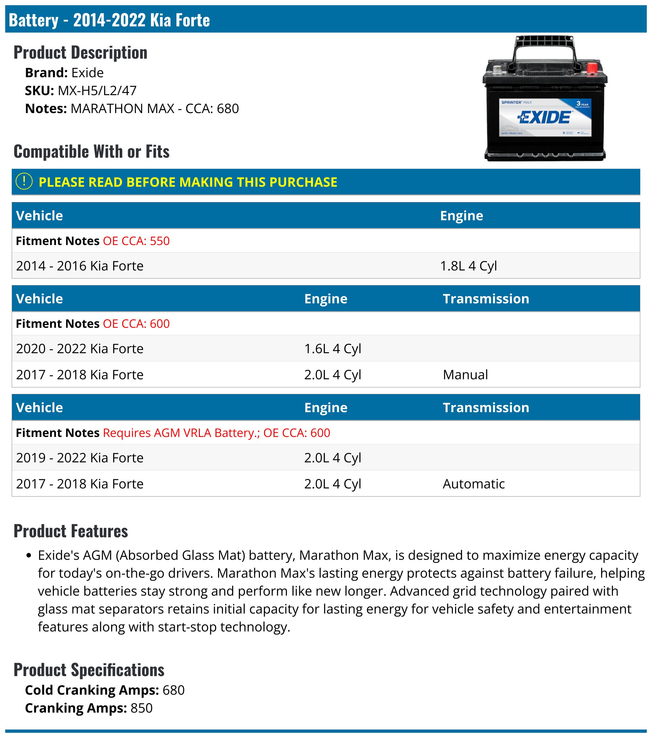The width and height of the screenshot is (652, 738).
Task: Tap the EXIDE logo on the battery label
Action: (x=545, y=117)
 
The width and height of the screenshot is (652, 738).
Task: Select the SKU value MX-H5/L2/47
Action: (x=97, y=91)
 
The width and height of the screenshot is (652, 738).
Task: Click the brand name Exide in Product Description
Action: (x=87, y=73)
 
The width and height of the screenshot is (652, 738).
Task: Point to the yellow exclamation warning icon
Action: (x=24, y=181)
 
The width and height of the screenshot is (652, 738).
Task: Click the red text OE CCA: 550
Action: (x=136, y=241)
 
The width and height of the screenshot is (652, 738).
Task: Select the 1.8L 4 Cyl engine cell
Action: (x=468, y=266)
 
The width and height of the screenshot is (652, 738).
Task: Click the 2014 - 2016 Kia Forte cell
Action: (x=80, y=266)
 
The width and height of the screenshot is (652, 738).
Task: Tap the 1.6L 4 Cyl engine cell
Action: (x=332, y=348)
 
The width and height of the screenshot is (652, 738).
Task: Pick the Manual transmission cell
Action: (x=465, y=374)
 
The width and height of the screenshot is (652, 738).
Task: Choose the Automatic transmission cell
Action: (x=474, y=484)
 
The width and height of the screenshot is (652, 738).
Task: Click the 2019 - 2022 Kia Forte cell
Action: (x=80, y=457)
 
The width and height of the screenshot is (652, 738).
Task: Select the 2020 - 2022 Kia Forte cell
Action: (x=80, y=348)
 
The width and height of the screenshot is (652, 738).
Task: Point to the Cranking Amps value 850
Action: (x=141, y=708)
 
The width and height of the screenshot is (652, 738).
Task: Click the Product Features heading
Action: (x=71, y=531)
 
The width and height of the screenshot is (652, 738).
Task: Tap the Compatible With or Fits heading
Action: (x=91, y=151)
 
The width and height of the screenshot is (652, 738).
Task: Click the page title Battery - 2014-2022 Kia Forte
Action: (x=109, y=20)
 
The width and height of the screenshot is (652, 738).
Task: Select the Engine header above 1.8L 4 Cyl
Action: (x=461, y=216)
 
